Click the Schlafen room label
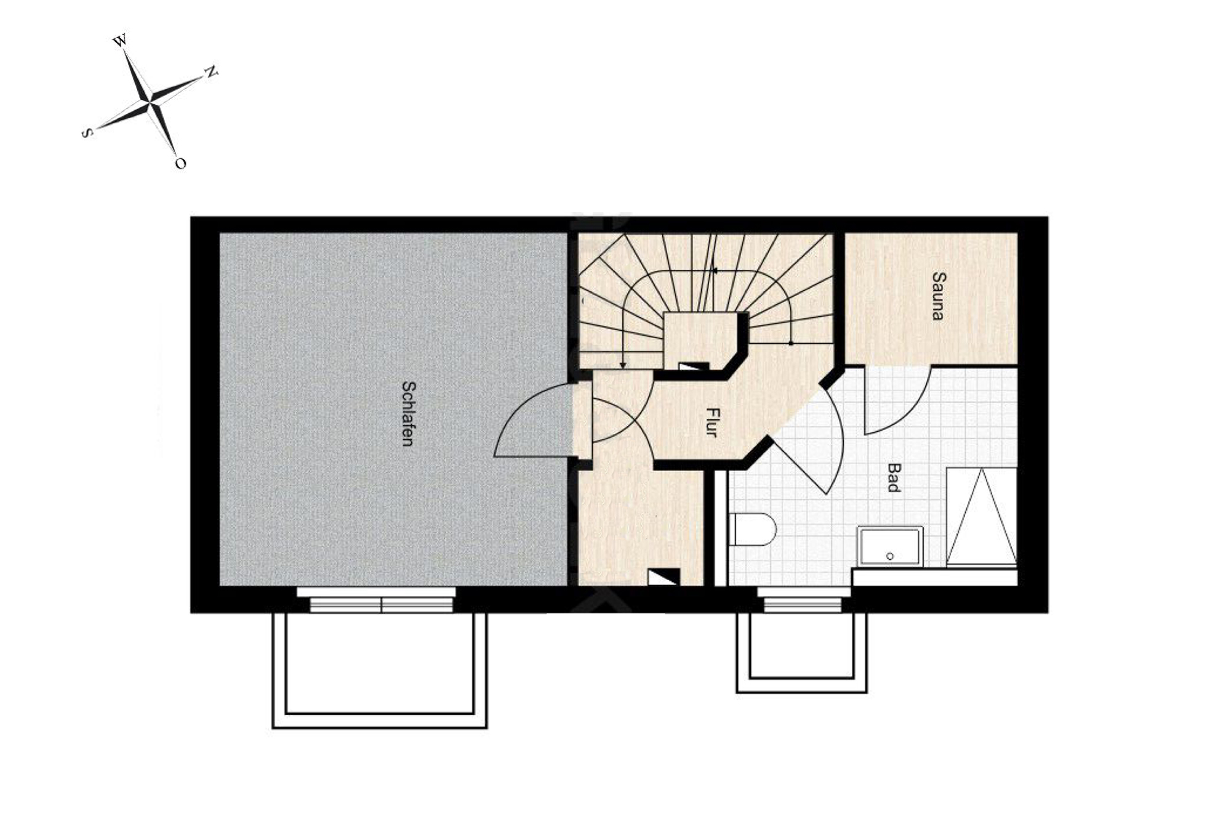406,413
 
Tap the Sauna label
937,296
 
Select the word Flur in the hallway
712,423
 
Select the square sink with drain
890,546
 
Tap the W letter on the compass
120,41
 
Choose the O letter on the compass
180,163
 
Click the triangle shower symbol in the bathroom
981,516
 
